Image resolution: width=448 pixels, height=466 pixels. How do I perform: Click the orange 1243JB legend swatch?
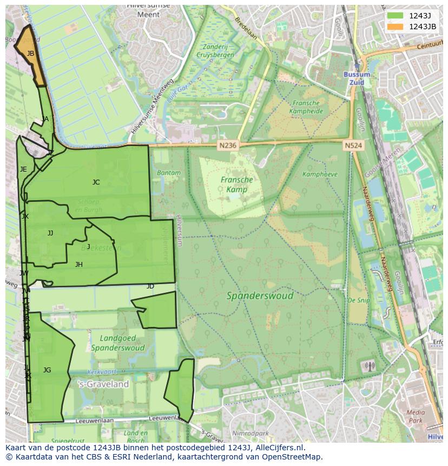pyautogui.click(x=396, y=27)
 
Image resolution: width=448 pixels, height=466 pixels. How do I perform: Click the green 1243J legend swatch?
pyautogui.click(x=396, y=16)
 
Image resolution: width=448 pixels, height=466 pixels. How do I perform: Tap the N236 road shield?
pyautogui.click(x=228, y=145)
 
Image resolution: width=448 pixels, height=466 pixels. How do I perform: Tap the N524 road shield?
pyautogui.click(x=353, y=145)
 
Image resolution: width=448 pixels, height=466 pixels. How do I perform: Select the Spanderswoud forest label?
pyautogui.click(x=260, y=296)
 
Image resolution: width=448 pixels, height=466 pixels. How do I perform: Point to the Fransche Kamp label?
pyautogui.click(x=236, y=185)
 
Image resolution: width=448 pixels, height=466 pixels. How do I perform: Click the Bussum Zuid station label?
pyautogui.click(x=357, y=78)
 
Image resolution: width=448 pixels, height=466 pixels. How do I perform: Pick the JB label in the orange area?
pyautogui.click(x=30, y=54)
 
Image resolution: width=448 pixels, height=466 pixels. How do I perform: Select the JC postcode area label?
pyautogui.click(x=96, y=182)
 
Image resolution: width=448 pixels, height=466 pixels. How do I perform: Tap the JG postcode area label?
pyautogui.click(x=47, y=370)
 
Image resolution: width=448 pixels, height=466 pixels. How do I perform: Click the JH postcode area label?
pyautogui.click(x=79, y=265)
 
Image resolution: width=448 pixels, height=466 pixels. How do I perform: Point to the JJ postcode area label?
pyautogui.click(x=50, y=233)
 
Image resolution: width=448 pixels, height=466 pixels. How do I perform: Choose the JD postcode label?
pyautogui.click(x=150, y=286)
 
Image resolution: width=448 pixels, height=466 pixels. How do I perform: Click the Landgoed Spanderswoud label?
pyautogui.click(x=117, y=343)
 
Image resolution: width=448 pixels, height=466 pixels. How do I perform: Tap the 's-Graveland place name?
pyautogui.click(x=104, y=384)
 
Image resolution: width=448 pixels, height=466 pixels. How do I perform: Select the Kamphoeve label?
pyautogui.click(x=320, y=174)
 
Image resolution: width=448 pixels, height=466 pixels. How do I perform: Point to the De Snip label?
pyautogui.click(x=358, y=300)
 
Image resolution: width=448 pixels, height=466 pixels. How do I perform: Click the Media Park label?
pyautogui.click(x=415, y=416)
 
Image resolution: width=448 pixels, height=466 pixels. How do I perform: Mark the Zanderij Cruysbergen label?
pyautogui.click(x=215, y=51)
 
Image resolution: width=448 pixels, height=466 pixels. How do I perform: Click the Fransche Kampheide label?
pyautogui.click(x=306, y=107)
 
